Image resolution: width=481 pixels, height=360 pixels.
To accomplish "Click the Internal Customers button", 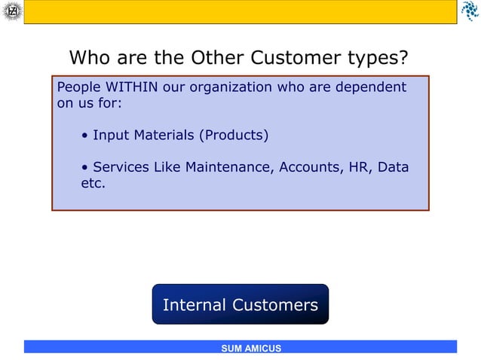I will (x=240, y=304).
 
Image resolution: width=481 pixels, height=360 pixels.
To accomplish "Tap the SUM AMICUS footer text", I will (x=251, y=348).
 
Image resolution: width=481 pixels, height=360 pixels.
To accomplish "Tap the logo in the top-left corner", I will (x=11, y=11).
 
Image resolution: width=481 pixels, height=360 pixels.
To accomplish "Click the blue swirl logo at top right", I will (x=469, y=11).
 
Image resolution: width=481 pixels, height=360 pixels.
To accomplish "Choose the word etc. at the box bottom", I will (x=93, y=182).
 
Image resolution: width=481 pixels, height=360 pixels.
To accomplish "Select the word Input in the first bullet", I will (x=111, y=136).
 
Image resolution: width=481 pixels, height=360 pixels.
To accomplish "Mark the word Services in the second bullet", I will (x=121, y=166).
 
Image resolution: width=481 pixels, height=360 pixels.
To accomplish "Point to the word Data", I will (x=394, y=166).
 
